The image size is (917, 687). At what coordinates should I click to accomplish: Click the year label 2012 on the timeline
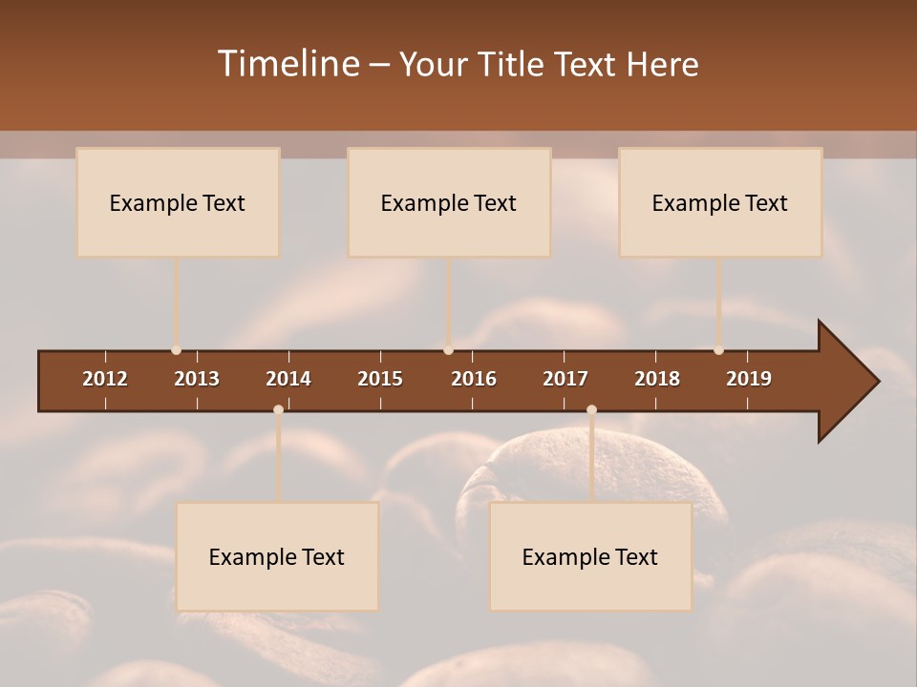[x=105, y=379]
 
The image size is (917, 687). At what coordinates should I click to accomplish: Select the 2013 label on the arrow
[x=197, y=379]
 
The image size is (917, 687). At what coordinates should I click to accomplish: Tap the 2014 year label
[x=288, y=379]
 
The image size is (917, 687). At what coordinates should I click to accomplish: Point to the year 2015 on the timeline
[x=380, y=379]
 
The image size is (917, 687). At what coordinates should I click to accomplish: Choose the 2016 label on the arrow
[x=474, y=379]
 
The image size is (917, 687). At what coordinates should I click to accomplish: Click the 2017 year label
[x=565, y=379]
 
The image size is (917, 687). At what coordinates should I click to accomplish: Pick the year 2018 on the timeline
[x=657, y=379]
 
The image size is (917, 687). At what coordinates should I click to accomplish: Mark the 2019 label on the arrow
[x=749, y=379]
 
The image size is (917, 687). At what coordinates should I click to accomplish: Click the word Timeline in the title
[x=288, y=64]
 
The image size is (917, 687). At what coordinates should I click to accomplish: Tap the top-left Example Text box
[x=178, y=202]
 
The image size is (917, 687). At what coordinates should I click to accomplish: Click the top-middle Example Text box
[x=449, y=202]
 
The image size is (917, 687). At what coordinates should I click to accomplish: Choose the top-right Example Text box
[x=720, y=202]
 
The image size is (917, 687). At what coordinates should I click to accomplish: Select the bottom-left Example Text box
[x=277, y=556]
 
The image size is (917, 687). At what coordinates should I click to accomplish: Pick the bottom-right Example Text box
[x=590, y=556]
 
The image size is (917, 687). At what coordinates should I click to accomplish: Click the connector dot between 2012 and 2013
[x=176, y=350]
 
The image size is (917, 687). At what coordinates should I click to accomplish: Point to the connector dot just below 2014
[x=278, y=410]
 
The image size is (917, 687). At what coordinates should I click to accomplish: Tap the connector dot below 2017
[x=591, y=410]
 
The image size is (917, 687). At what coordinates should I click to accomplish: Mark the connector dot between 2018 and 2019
[x=718, y=350]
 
